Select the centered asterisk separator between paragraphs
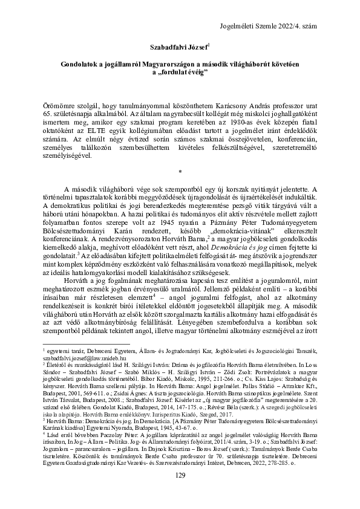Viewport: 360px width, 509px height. pyautogui.click(x=180, y=172)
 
